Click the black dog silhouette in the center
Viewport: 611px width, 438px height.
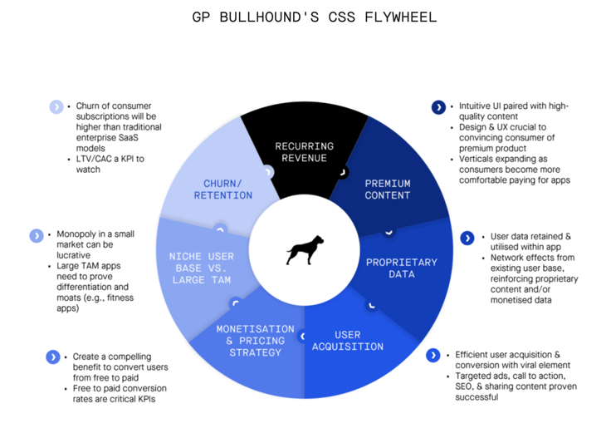click(305, 250)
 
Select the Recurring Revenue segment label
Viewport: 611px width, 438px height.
click(305, 152)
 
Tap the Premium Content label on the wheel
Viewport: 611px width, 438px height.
click(388, 189)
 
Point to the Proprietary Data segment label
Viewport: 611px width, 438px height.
click(401, 268)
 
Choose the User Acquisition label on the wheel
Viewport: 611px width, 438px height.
click(348, 341)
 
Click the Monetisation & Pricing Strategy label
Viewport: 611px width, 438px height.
click(255, 341)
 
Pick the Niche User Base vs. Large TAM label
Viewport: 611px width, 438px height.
click(202, 268)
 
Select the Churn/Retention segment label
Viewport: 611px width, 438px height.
click(222, 189)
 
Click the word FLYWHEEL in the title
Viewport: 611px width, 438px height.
click(401, 17)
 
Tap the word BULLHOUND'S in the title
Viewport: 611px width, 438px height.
click(269, 17)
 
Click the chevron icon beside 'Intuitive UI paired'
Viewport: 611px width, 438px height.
click(438, 107)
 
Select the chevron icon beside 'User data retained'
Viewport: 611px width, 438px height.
click(467, 238)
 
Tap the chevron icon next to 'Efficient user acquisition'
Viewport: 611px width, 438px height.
click(433, 356)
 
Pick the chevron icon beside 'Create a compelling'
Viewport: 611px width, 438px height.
click(53, 357)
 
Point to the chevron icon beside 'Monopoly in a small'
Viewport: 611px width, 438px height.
click(37, 235)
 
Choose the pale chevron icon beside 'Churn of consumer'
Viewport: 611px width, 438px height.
click(56, 106)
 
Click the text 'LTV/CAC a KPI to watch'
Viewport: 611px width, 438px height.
click(110, 165)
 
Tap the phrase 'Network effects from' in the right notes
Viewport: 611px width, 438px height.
click(532, 258)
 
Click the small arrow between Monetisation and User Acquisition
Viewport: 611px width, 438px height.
click(302, 336)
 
